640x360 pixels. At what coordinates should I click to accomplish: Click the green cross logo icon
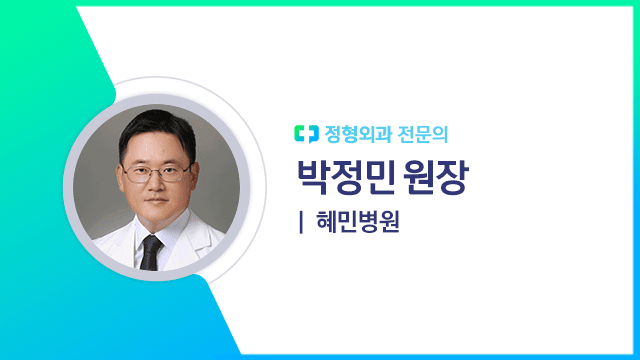coord(306,131)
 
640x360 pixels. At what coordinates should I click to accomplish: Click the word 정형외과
coord(355,131)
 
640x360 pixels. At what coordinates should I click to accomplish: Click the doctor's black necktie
coord(151,250)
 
